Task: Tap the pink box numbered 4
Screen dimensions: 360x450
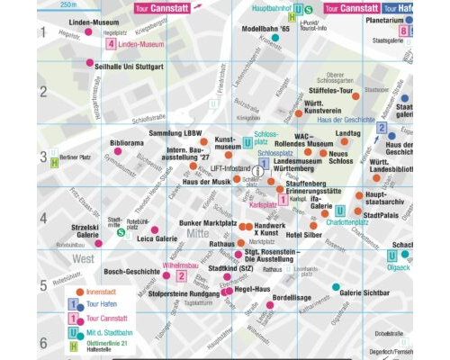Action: tap(110, 43)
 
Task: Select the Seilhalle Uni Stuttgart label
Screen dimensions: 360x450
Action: tap(124, 67)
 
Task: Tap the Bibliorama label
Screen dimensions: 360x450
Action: tap(127, 143)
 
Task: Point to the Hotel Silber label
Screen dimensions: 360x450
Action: tap(304, 234)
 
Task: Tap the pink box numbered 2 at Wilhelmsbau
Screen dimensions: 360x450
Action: tap(181, 276)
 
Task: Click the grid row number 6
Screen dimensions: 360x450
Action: tap(42, 343)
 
